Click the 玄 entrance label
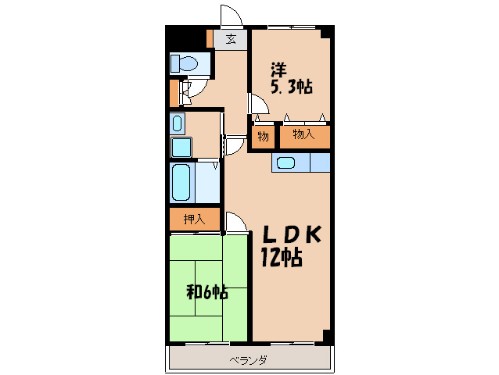pyautogui.click(x=231, y=39)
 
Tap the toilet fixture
pyautogui.click(x=185, y=63)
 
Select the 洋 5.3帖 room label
pyautogui.click(x=291, y=78)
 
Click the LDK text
pyautogui.click(x=291, y=235)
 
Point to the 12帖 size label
pyautogui.click(x=282, y=257)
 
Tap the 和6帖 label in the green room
pyautogui.click(x=206, y=292)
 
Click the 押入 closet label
pyautogui.click(x=194, y=220)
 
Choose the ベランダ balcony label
pyautogui.click(x=248, y=360)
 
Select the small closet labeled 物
pyautogui.click(x=263, y=137)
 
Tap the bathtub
pyautogui.click(x=181, y=182)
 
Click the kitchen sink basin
pyautogui.click(x=285, y=163)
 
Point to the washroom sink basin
pyautogui.click(x=178, y=123)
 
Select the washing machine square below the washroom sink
pyautogui.click(x=181, y=147)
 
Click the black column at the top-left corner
pyautogui.click(x=185, y=37)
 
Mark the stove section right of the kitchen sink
pyautogui.click(x=320, y=162)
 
